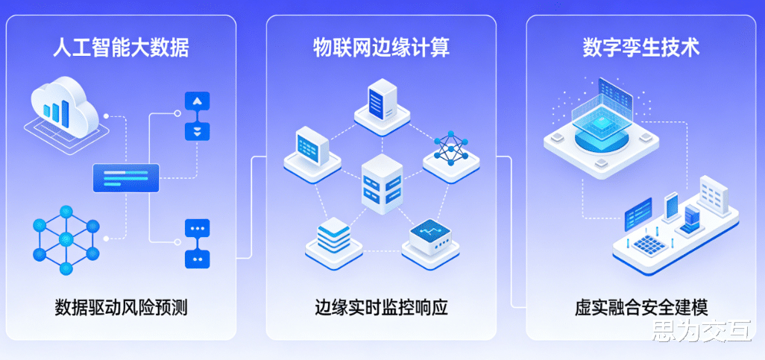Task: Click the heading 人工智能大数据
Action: point(120,48)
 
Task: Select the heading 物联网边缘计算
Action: point(381,48)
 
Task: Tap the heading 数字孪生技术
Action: point(641,48)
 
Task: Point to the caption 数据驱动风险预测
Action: point(120,306)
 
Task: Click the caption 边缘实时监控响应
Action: point(381,306)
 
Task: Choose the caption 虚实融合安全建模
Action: point(641,306)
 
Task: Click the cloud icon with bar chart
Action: point(63,108)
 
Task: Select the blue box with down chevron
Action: point(197,131)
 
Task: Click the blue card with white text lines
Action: point(126,178)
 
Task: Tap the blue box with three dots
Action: point(197,228)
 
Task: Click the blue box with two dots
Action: point(197,258)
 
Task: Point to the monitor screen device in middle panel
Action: point(308,147)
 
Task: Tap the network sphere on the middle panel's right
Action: point(449,149)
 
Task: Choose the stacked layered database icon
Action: point(333,238)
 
